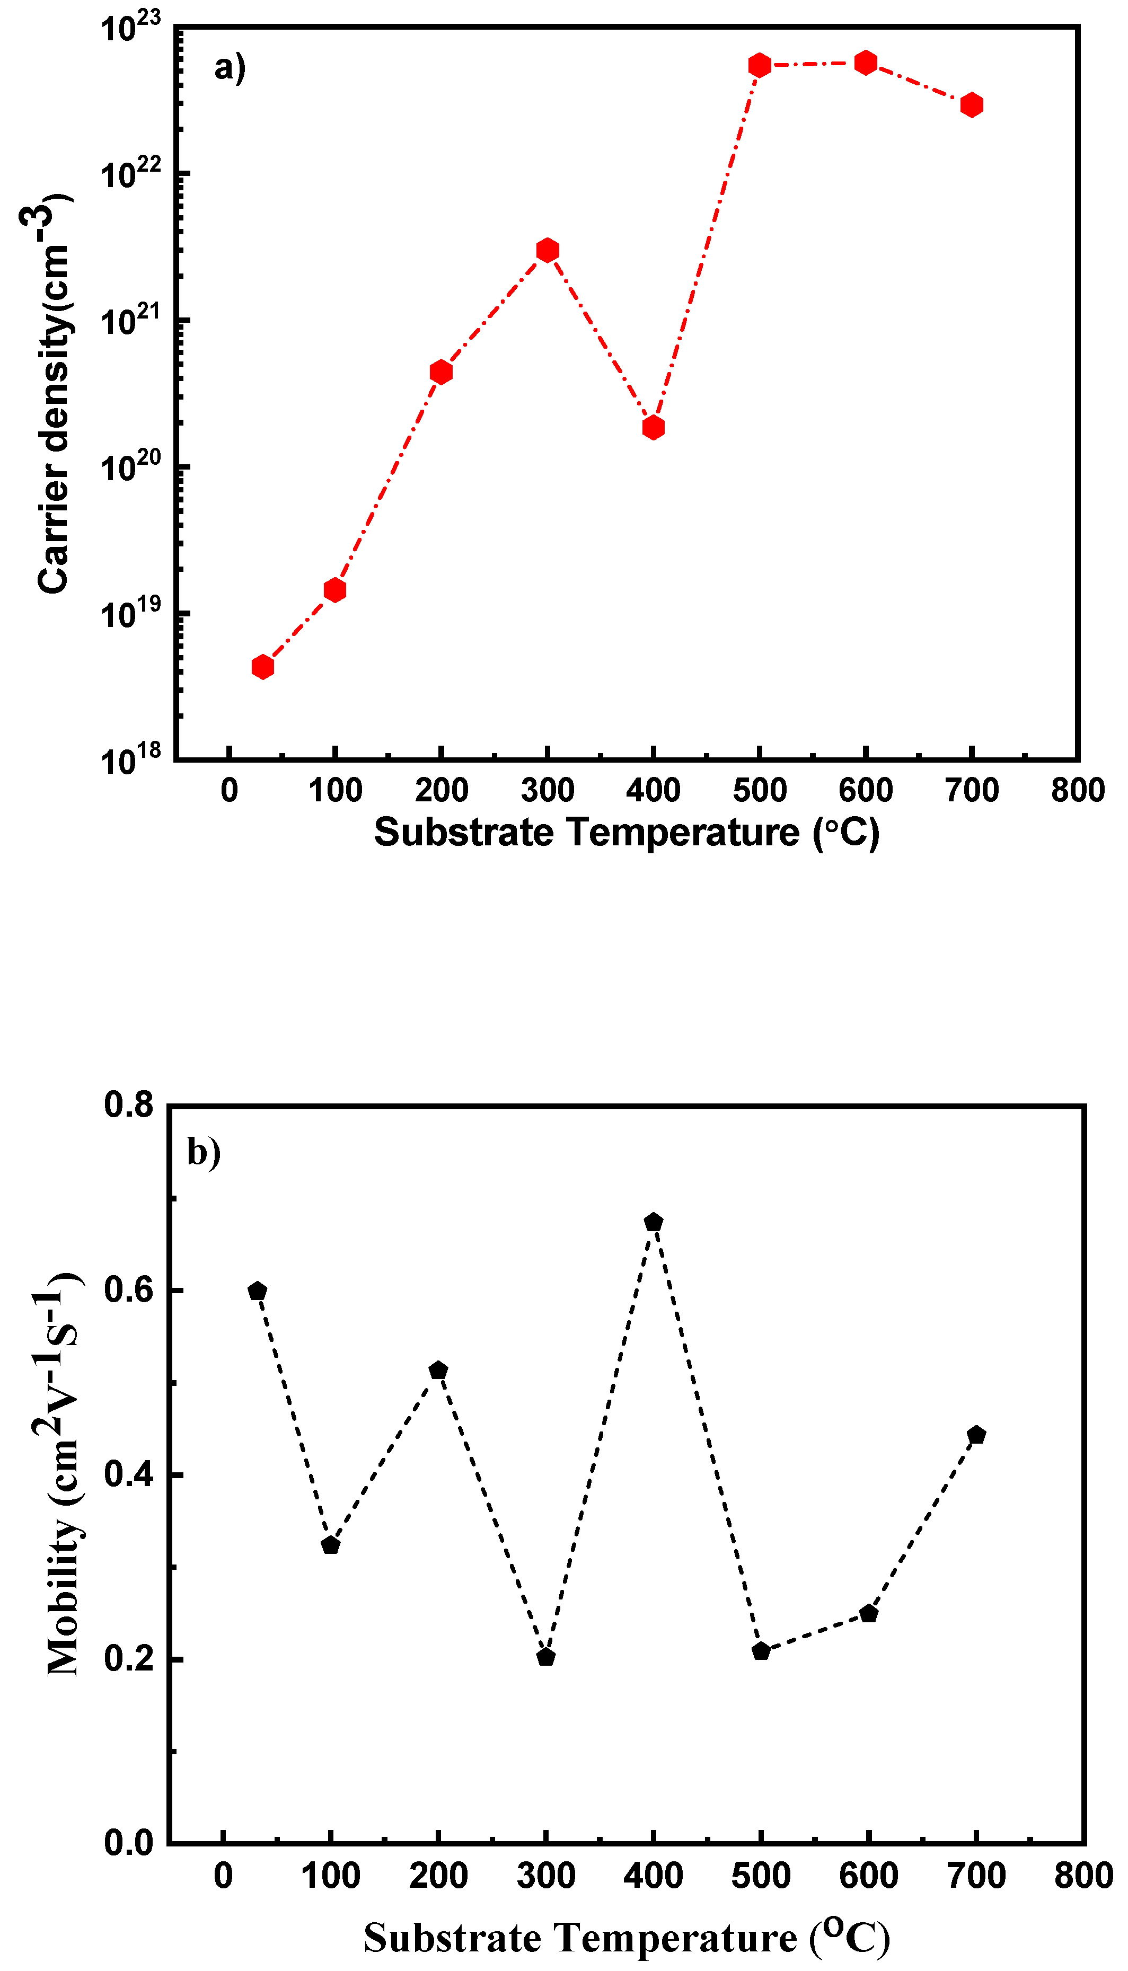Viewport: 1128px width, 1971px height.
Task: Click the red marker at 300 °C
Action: (x=547, y=250)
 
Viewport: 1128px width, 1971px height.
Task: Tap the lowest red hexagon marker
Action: (x=262, y=667)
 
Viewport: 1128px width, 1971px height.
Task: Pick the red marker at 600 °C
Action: (x=866, y=63)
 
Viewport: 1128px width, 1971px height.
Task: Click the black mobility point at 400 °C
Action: (x=653, y=1222)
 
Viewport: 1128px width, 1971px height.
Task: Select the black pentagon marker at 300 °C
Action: (x=545, y=1657)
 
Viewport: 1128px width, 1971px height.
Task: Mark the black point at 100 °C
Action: (x=330, y=1545)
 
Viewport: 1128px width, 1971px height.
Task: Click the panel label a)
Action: (x=230, y=67)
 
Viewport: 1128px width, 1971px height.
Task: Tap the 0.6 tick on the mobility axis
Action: (x=129, y=1291)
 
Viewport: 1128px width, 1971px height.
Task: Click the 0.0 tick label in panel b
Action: (x=129, y=1843)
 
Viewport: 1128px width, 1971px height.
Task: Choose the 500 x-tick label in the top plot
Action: (x=759, y=791)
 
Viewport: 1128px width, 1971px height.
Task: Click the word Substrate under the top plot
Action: (x=463, y=833)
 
